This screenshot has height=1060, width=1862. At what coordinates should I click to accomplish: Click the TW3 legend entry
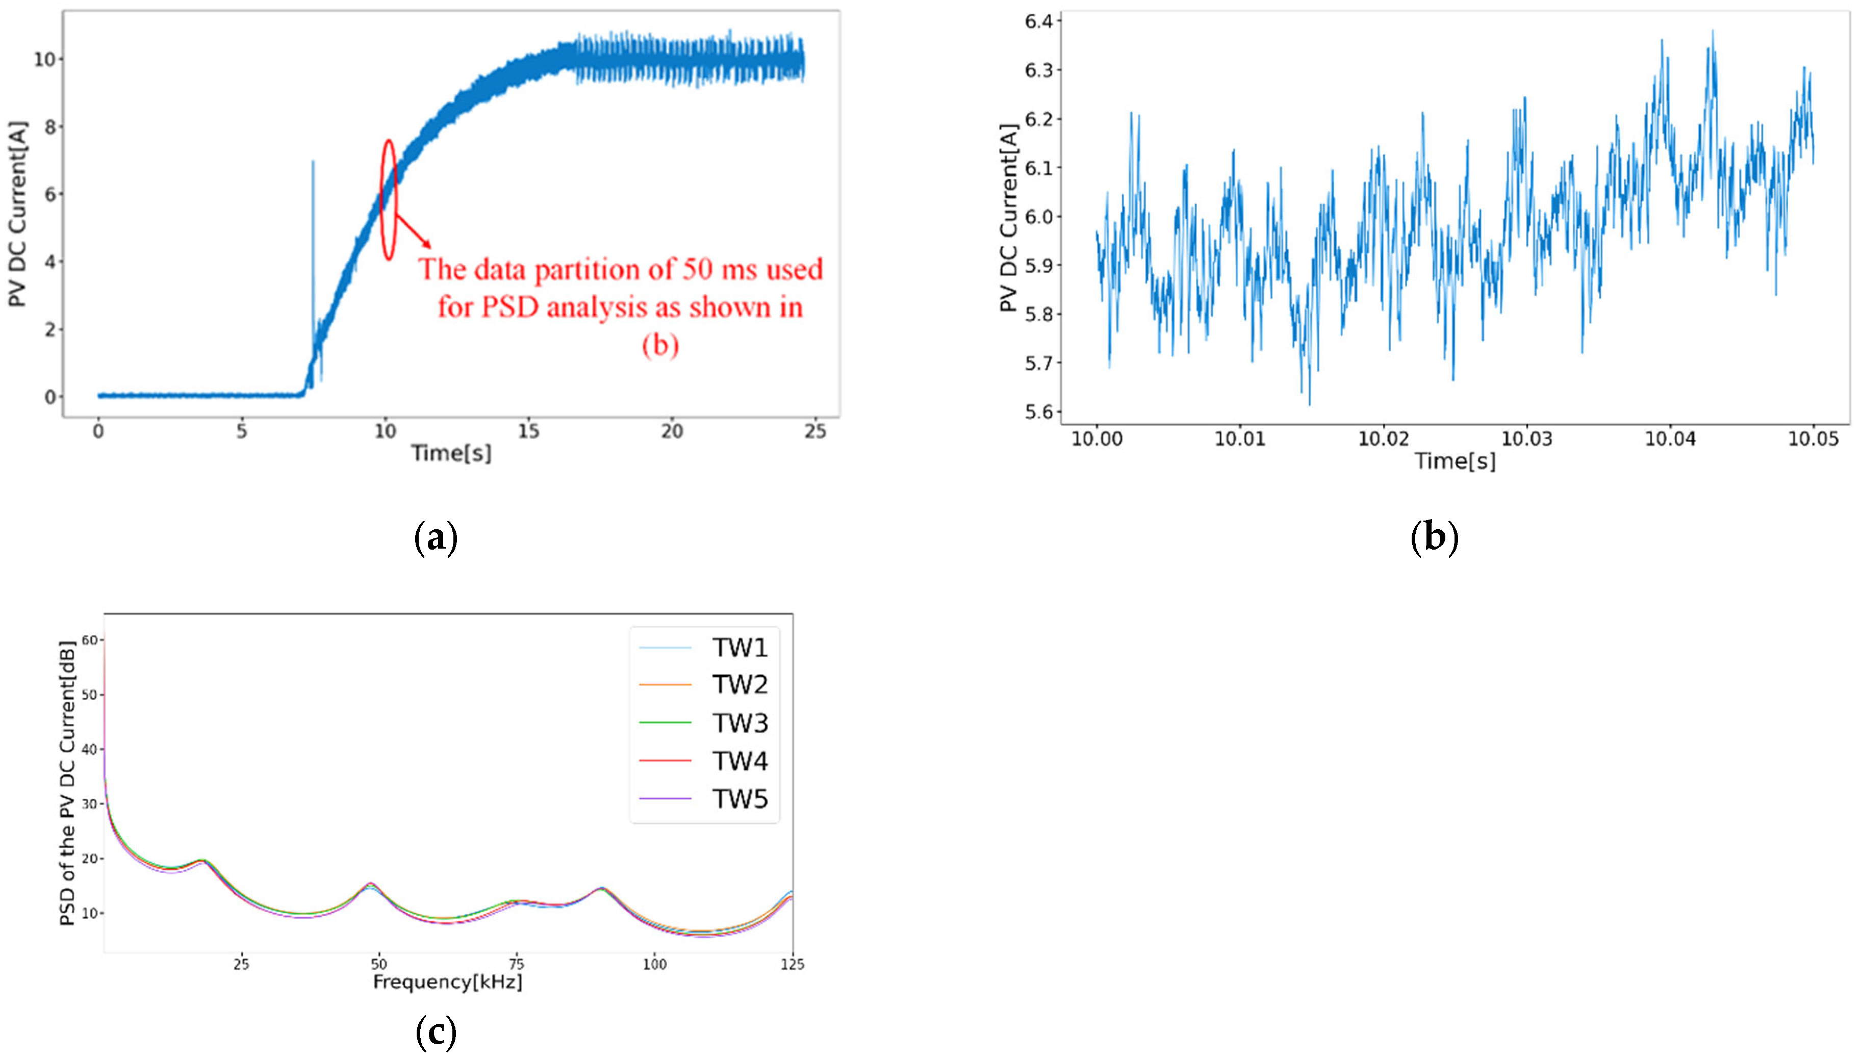tap(739, 723)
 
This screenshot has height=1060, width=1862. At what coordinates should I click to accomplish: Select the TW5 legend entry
tap(739, 799)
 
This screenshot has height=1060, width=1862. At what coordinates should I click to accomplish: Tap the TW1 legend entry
tap(739, 647)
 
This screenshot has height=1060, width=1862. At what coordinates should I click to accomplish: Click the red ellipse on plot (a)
tap(389, 199)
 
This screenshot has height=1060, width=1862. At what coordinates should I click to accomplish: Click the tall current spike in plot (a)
tap(313, 218)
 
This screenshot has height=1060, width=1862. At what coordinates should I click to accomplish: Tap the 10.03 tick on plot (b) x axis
tap(1526, 439)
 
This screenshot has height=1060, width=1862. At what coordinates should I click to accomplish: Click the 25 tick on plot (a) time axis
tap(815, 432)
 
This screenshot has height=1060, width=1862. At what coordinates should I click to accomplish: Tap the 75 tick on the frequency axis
tap(516, 964)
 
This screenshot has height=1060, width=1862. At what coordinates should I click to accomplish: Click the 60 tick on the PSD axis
tap(89, 640)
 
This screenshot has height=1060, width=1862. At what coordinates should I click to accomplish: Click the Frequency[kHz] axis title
tap(448, 982)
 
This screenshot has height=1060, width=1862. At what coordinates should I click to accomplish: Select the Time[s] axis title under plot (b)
tap(1455, 461)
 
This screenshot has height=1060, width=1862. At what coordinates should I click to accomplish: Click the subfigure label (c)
tap(436, 1031)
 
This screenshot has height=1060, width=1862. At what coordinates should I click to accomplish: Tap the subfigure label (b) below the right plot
tap(1434, 537)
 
